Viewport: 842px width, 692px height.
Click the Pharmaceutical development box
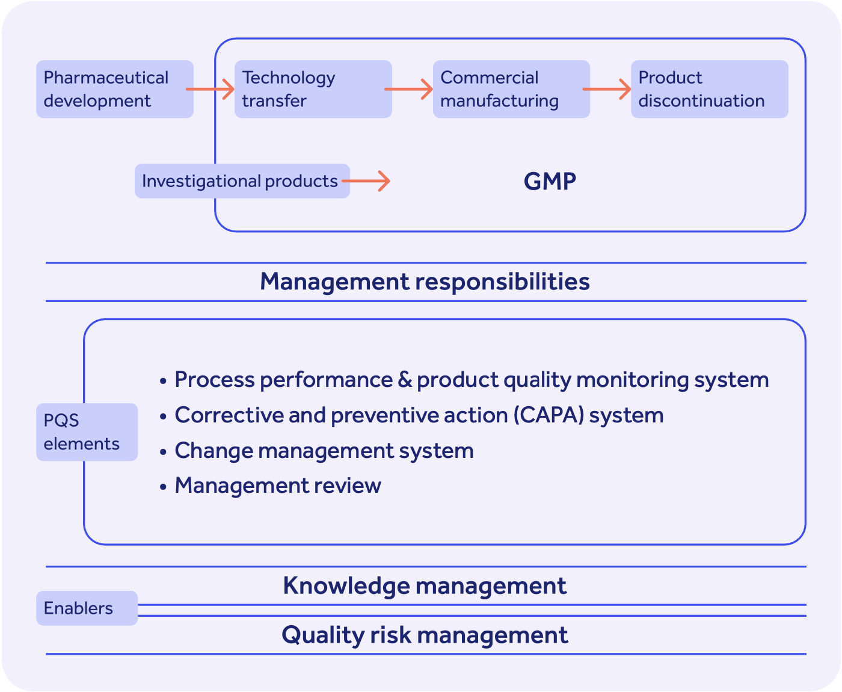tap(114, 89)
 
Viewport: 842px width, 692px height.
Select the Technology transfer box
tap(313, 89)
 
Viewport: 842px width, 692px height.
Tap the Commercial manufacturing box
tap(511, 89)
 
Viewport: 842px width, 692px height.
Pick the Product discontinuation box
tap(709, 89)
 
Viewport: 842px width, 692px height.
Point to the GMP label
tap(550, 181)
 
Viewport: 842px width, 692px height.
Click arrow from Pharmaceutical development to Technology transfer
tap(210, 89)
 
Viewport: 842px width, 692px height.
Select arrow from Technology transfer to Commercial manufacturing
tap(409, 89)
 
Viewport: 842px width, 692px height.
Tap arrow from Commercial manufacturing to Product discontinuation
tap(607, 89)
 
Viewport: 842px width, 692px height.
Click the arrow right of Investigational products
tap(367, 181)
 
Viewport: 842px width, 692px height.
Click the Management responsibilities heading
tap(425, 282)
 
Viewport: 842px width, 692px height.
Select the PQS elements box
tap(87, 432)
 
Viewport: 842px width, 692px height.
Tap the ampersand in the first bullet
tap(404, 380)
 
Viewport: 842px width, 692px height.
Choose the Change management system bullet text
tap(324, 451)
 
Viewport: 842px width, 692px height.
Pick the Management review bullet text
tap(277, 486)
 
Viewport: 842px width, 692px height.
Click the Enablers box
tap(87, 608)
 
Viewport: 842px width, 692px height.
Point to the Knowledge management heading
tap(425, 585)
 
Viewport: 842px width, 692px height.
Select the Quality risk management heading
tap(425, 635)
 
